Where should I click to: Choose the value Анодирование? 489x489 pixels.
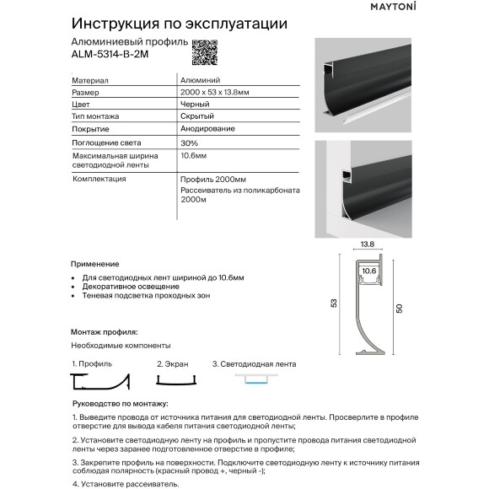tap(207, 128)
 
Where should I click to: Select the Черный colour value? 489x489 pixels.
tap(195, 103)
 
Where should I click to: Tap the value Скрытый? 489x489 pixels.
tap(197, 116)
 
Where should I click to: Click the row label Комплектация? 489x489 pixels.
tap(99, 179)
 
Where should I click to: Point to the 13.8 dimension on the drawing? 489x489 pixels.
tap(368, 244)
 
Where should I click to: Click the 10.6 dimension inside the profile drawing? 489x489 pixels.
tap(368, 271)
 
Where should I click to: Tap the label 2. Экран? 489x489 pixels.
tap(172, 364)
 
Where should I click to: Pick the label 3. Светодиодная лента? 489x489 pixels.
tap(254, 364)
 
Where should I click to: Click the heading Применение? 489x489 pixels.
tap(96, 264)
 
